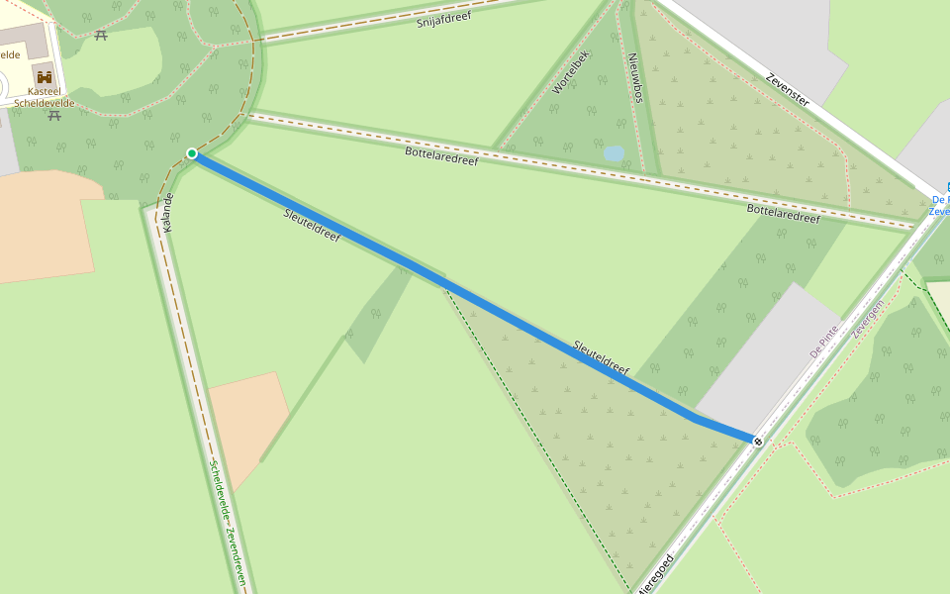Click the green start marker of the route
click(x=192, y=153)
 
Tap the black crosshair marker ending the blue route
click(x=758, y=441)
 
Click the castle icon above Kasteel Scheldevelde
click(x=45, y=76)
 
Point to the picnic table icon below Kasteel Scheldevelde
click(x=54, y=116)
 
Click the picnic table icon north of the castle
click(x=101, y=36)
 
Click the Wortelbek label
click(x=571, y=72)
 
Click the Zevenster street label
click(x=788, y=88)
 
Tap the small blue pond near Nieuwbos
click(x=615, y=153)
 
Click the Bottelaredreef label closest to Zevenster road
click(x=784, y=214)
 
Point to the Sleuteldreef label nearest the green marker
click(x=312, y=227)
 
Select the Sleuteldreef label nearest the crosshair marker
click(x=601, y=358)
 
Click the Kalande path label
click(x=167, y=212)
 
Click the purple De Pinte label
click(x=824, y=340)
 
